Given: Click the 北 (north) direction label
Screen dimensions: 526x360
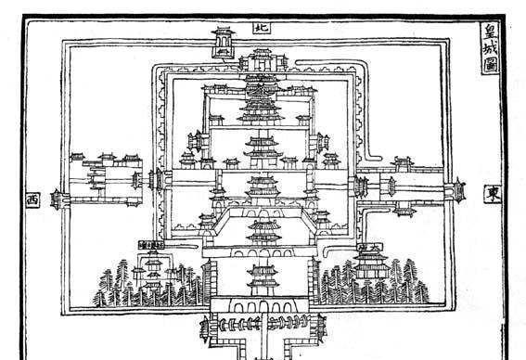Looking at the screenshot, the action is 262,28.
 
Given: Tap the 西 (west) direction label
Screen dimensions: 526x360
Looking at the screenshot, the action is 32,200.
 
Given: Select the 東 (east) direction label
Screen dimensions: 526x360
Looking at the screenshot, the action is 493,194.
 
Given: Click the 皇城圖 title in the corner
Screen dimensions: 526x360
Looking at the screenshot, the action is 490,48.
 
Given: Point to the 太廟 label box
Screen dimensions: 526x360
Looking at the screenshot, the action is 369,248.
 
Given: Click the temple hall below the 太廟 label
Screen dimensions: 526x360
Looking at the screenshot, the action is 371,265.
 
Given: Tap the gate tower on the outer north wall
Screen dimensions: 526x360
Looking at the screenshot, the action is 223,43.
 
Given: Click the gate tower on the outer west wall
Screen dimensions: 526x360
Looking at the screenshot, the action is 57,199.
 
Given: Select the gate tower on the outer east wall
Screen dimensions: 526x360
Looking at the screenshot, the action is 457,190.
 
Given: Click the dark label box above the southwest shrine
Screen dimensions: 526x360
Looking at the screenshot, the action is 151,245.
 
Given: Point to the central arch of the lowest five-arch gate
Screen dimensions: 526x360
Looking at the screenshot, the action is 263,307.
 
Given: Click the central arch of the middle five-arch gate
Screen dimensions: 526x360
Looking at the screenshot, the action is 264,252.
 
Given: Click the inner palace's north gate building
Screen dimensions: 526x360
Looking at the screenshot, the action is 263,61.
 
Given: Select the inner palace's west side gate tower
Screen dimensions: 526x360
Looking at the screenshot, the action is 157,179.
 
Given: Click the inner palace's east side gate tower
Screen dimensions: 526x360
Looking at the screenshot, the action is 361,186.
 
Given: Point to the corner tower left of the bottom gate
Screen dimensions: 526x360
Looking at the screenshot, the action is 205,329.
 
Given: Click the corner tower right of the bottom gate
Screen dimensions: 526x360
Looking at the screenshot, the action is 321,328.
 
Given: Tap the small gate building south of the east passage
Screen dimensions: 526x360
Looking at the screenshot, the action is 404,212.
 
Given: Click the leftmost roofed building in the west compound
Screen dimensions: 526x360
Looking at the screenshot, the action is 78,157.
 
